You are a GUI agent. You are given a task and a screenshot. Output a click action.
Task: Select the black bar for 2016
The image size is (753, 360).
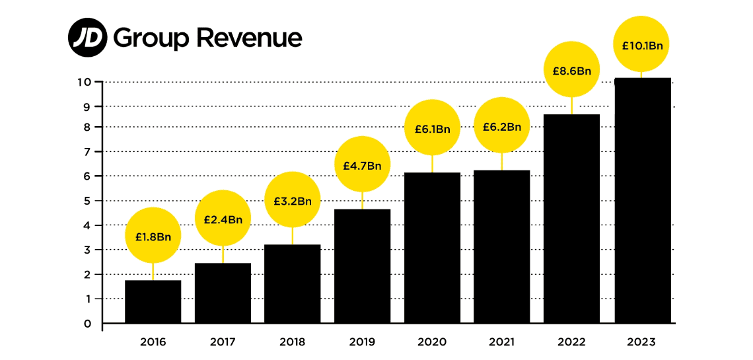153,302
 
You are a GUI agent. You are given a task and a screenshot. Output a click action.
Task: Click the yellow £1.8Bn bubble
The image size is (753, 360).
153,236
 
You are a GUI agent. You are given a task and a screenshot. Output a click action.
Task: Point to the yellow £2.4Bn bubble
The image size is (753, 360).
223,219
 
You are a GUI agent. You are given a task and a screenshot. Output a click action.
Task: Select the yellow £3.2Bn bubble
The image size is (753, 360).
293,200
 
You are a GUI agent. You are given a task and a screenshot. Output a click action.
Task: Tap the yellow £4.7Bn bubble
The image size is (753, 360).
362,164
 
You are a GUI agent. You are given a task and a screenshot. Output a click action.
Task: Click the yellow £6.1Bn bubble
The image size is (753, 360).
432,128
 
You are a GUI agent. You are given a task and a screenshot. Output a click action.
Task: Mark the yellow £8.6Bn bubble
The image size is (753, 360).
571,70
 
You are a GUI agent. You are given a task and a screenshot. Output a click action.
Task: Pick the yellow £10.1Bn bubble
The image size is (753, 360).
642,45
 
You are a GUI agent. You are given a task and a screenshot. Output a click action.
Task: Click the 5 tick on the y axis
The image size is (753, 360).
87,201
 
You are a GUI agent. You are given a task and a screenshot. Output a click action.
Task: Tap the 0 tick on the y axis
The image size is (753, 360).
87,324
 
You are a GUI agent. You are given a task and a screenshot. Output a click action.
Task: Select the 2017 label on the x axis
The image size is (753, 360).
223,342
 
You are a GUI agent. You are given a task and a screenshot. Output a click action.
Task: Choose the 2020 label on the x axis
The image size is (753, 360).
432,342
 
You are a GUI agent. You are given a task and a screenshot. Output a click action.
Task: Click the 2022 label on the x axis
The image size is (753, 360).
571,342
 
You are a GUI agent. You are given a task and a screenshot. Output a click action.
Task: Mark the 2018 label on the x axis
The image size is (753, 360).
293,342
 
